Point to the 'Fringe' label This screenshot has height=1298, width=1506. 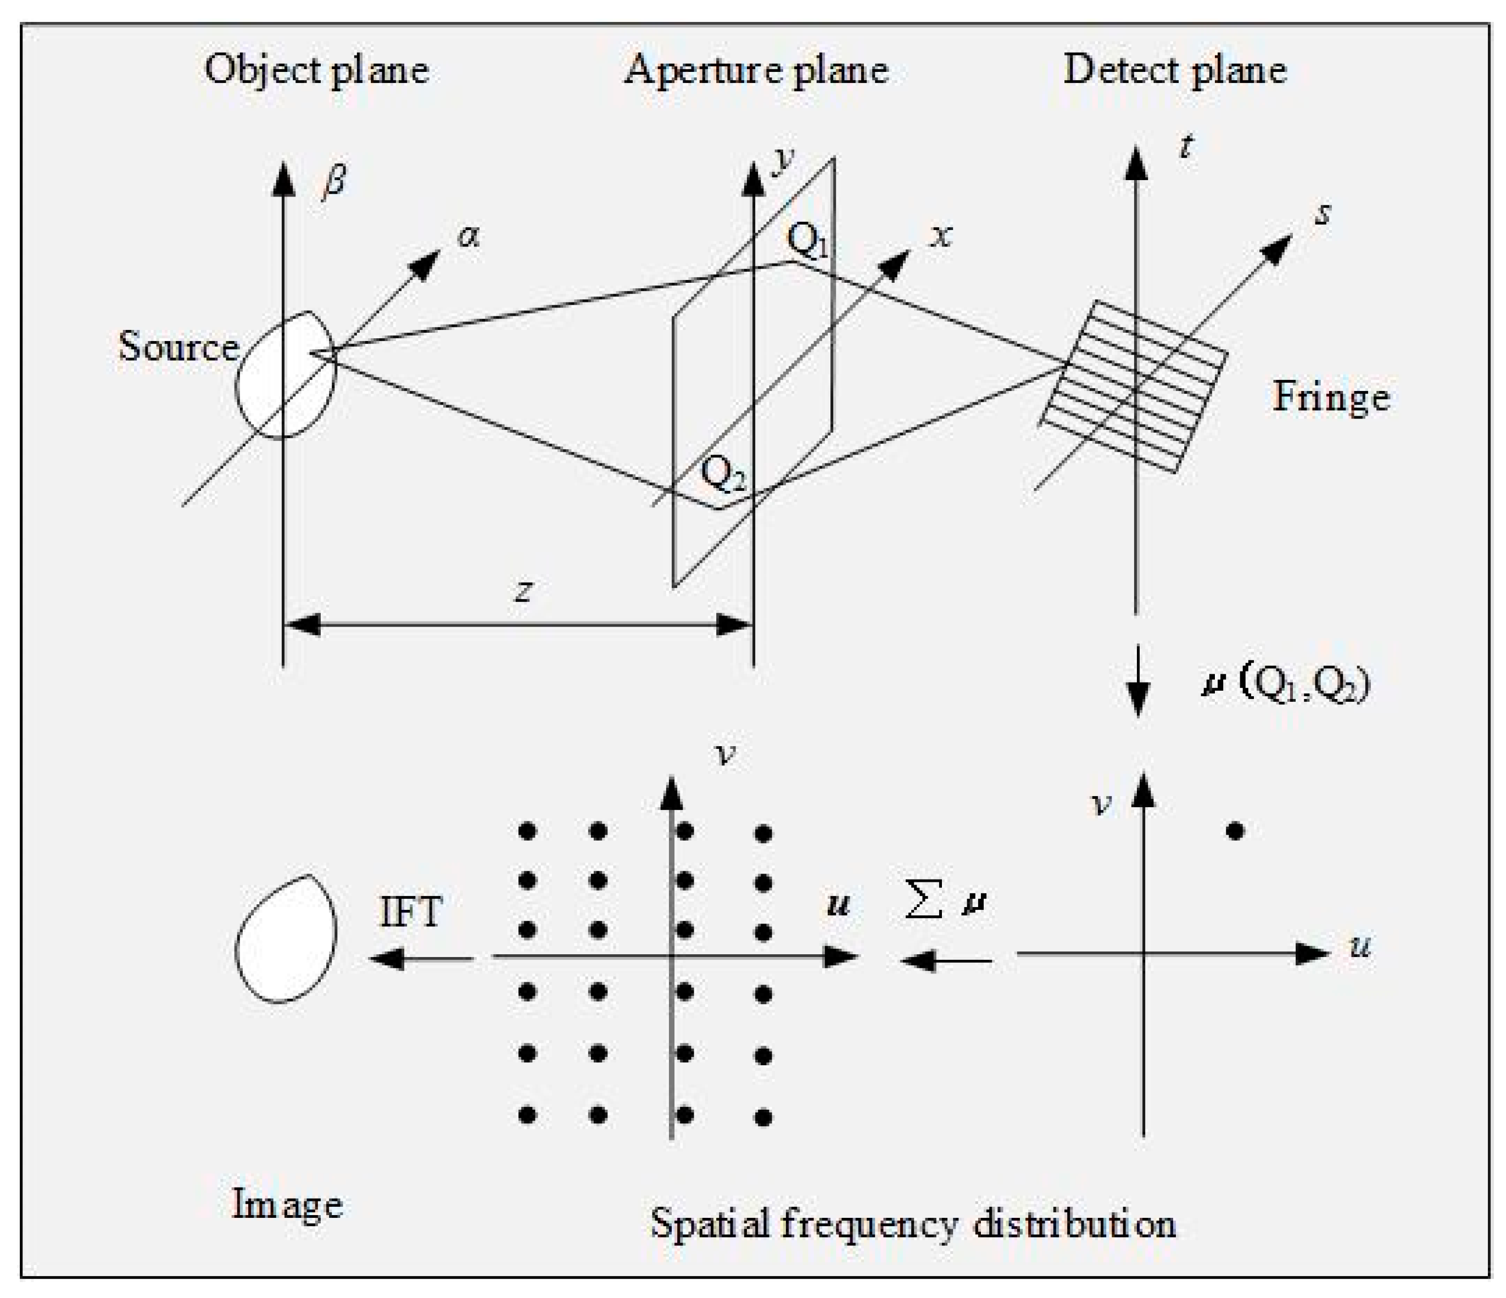coord(1330,398)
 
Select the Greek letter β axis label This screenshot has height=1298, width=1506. coord(334,180)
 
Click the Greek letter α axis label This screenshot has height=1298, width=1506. coord(470,236)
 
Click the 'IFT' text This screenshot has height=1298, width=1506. coord(411,911)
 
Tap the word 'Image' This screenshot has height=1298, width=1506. coord(287,1205)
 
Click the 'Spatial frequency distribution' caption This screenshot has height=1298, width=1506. coord(913,1224)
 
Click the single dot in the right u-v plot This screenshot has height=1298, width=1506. coord(1235,831)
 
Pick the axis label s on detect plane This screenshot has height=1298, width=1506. coord(1324,214)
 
